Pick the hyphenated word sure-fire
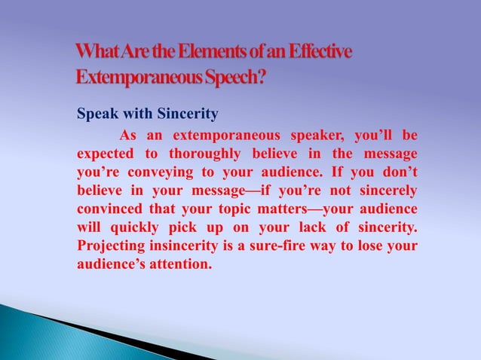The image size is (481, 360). (276, 246)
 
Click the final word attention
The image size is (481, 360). (184, 264)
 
